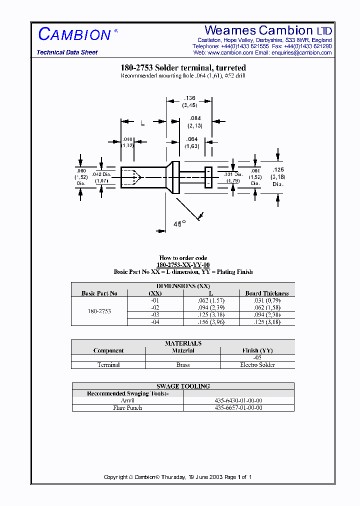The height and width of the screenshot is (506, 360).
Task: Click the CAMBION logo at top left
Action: tap(74, 34)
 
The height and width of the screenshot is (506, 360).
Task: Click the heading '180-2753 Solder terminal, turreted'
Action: tap(183, 68)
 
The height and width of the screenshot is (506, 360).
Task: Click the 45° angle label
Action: tap(179, 224)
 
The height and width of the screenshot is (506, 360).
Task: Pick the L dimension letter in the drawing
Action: tap(142, 123)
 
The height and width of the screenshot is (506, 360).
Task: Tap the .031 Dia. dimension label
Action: tap(231, 176)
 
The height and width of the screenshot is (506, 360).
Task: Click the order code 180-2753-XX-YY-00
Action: tap(183, 265)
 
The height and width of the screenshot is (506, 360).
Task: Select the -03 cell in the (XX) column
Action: tap(155, 315)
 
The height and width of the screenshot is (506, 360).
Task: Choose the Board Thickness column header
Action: tap(266, 293)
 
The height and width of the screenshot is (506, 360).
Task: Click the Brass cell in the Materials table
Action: tap(183, 365)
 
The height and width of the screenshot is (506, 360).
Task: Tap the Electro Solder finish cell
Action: tap(257, 365)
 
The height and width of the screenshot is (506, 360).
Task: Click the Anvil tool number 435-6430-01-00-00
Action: tap(238, 401)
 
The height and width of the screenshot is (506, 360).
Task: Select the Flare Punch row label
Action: tap(127, 408)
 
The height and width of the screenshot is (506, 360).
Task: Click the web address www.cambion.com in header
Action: tap(230, 52)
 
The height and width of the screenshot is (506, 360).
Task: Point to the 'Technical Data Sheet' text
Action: tap(67, 52)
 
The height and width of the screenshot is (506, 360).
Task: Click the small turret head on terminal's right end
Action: tap(208, 177)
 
